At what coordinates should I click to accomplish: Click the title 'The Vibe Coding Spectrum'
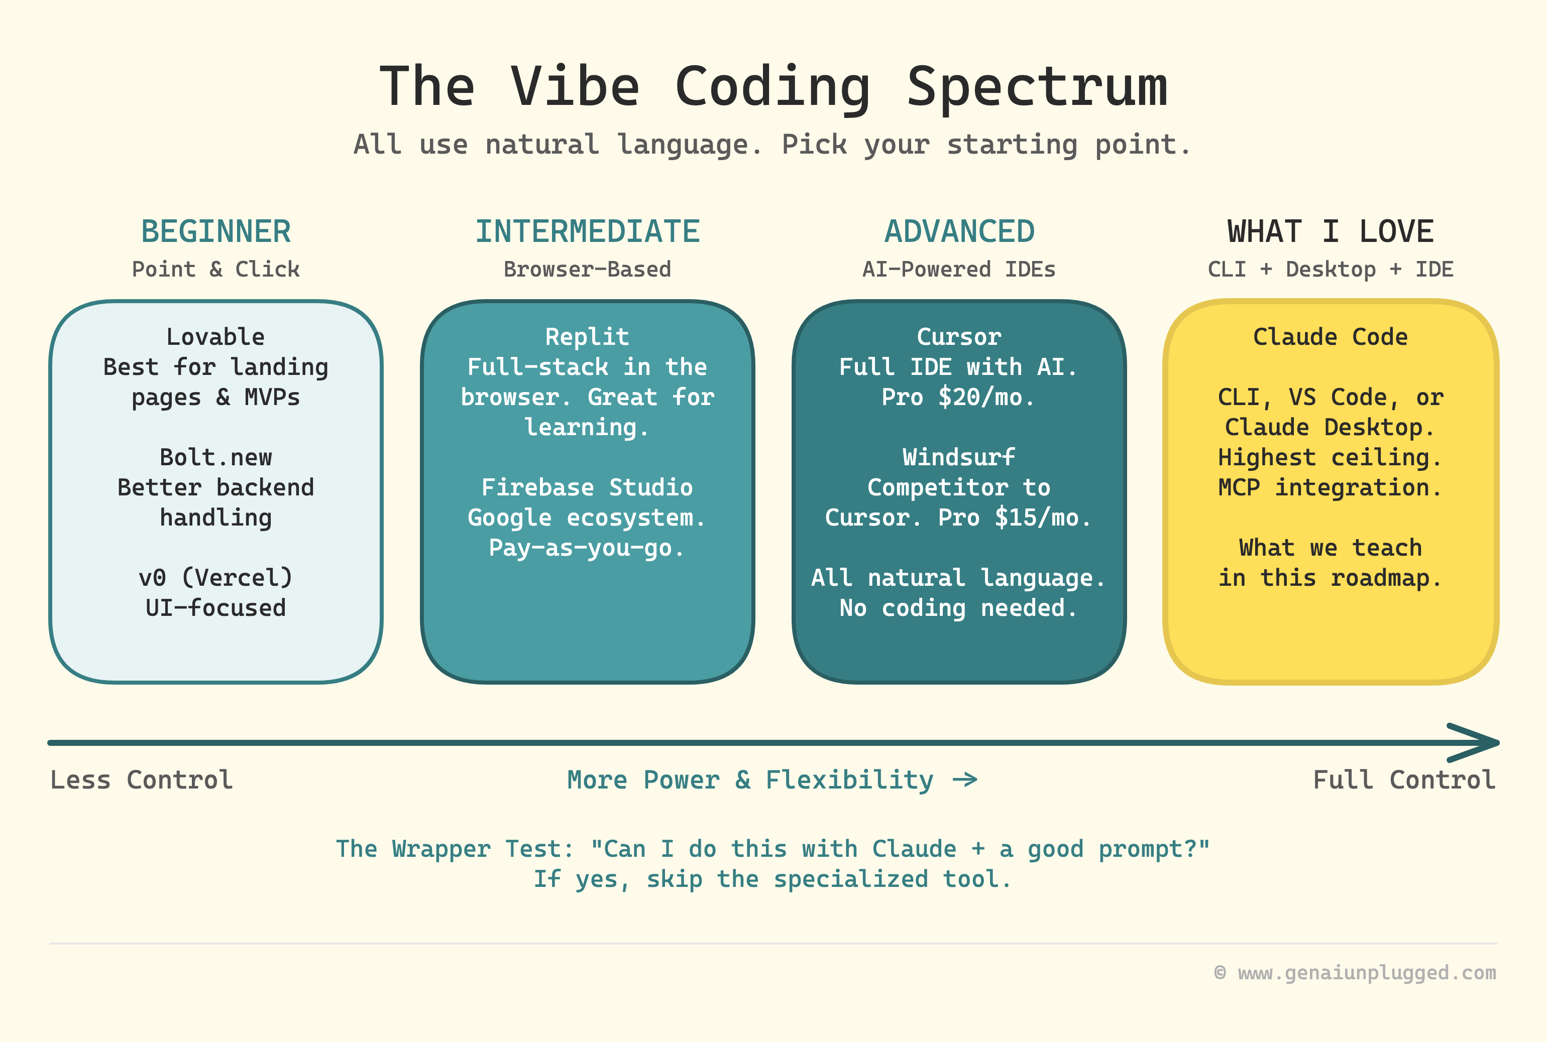[x=773, y=86]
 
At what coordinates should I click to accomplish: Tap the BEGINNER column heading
[x=216, y=232]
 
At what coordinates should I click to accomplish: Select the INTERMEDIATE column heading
[x=588, y=232]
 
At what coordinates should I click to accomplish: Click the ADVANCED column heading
[x=959, y=232]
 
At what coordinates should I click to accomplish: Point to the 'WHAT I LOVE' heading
[x=1331, y=232]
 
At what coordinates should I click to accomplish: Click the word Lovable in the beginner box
[x=215, y=337]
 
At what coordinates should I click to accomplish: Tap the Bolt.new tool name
[x=215, y=457]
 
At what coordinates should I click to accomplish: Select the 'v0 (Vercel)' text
[x=215, y=578]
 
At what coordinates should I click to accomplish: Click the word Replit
[x=587, y=337]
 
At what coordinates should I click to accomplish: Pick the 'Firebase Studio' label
[x=587, y=487]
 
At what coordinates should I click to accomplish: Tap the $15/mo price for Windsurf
[x=1042, y=517]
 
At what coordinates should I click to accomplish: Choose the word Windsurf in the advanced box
[x=959, y=457]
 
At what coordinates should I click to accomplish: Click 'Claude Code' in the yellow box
[x=1331, y=337]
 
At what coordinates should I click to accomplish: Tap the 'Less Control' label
[x=142, y=779]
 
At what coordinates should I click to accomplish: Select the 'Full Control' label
[x=1404, y=779]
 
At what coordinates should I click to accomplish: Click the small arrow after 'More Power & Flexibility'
[x=965, y=779]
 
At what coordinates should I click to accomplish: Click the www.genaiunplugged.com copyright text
[x=1366, y=973]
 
